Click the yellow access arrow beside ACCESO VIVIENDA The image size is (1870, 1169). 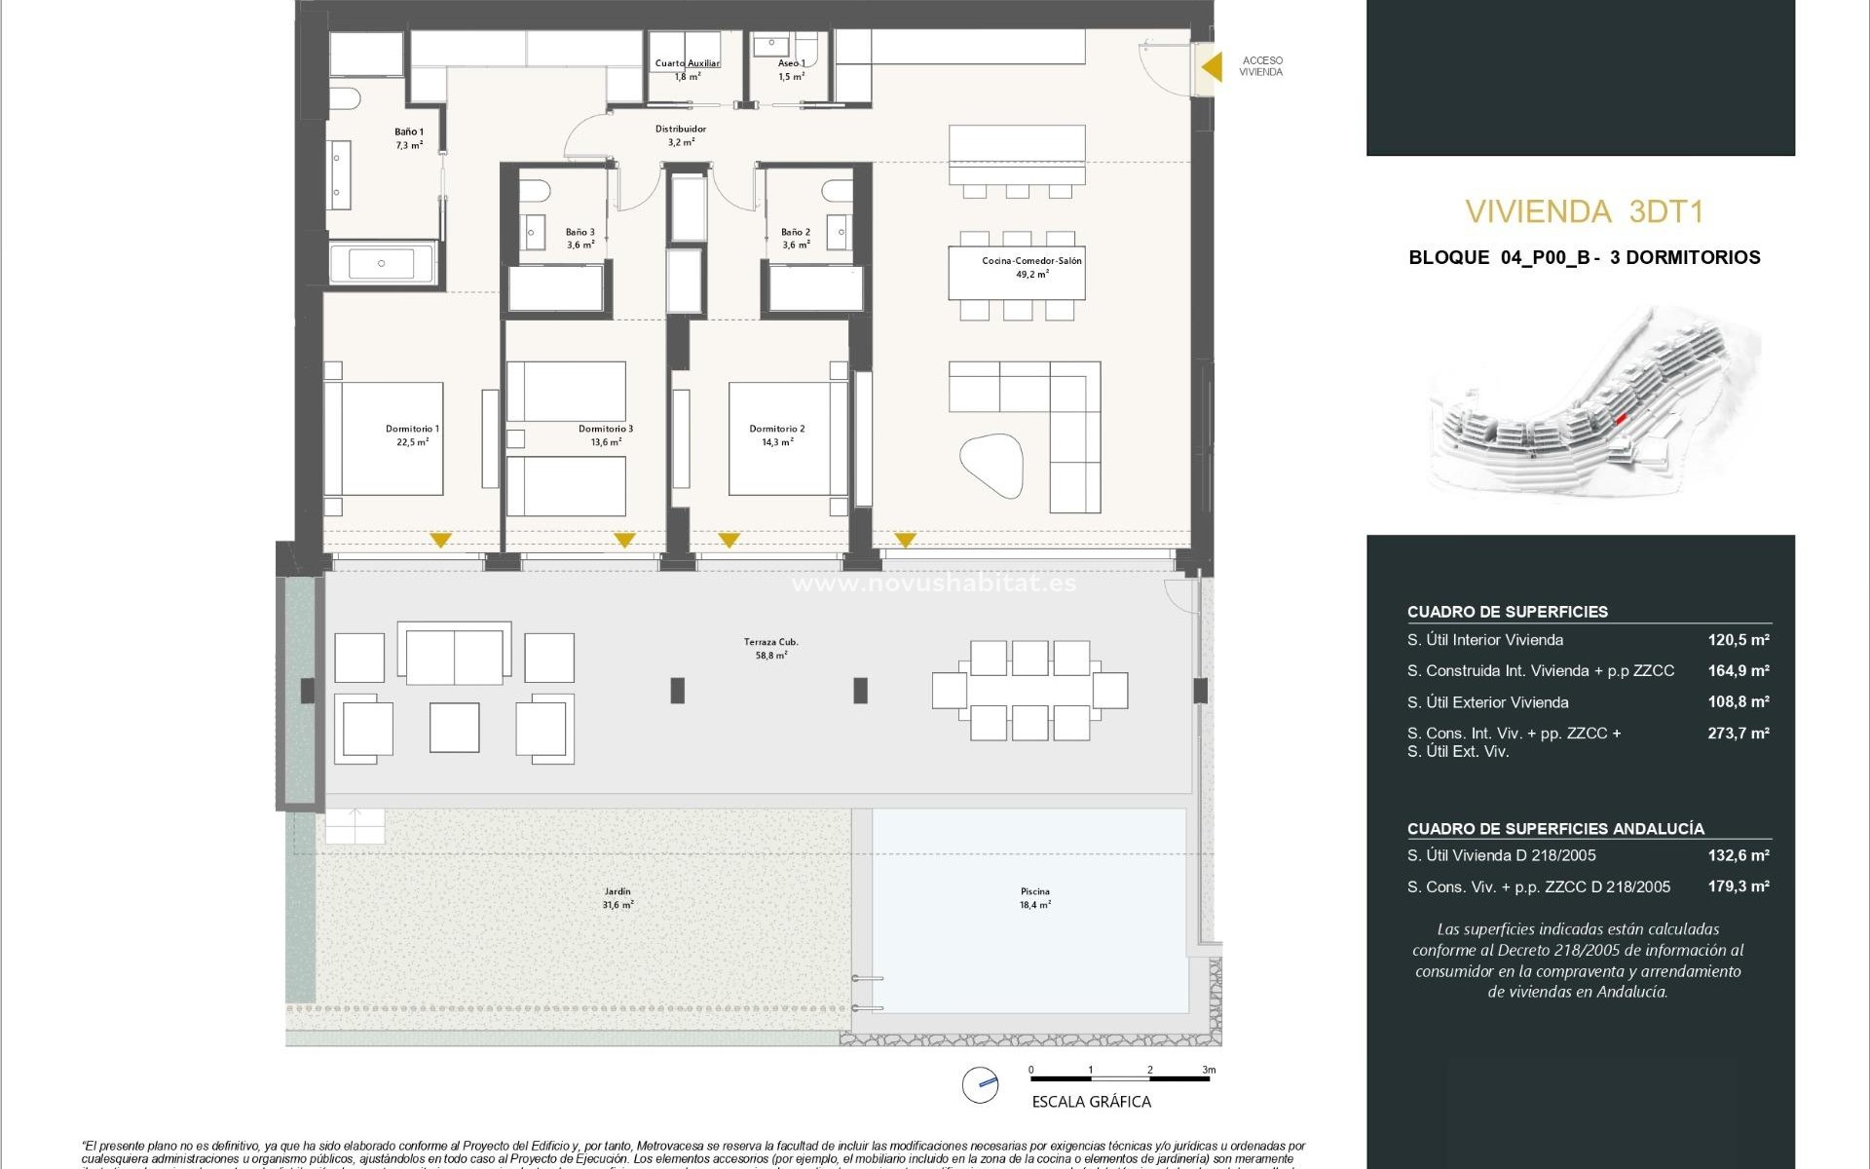[1211, 67]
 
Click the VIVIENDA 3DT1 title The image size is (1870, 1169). [1584, 211]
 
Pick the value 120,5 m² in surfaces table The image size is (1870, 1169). [1738, 640]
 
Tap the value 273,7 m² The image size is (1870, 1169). [1738, 733]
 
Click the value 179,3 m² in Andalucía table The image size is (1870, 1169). [1738, 886]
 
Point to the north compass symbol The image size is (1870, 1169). [980, 1084]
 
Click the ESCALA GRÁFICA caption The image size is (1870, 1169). [1091, 1102]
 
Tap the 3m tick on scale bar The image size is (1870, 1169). [1209, 1070]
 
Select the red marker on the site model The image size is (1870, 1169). [1621, 418]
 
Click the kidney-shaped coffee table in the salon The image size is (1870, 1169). [991, 466]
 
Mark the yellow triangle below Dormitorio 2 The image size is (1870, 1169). [729, 540]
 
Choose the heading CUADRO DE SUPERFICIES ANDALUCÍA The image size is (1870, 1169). [1554, 829]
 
